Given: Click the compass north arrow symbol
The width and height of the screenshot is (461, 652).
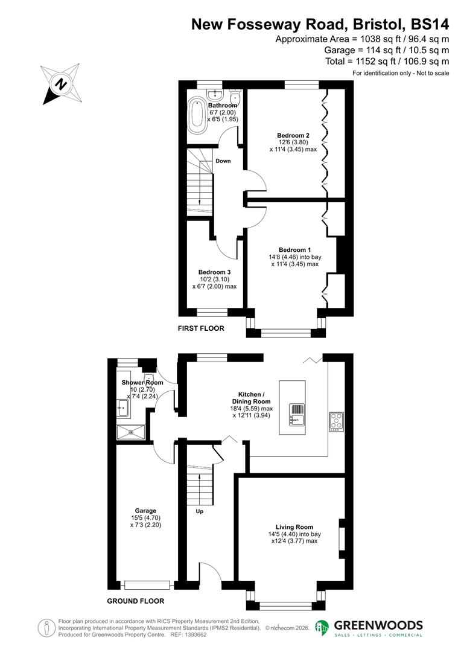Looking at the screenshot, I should (x=60, y=83).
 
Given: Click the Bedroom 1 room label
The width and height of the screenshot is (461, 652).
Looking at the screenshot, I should (x=294, y=249).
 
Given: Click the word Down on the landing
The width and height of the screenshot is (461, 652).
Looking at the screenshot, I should (x=223, y=161).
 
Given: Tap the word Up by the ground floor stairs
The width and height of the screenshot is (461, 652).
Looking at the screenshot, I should (x=200, y=511).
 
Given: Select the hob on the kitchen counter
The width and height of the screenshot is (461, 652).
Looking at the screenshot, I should (x=335, y=421).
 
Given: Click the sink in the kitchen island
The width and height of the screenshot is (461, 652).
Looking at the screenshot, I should (x=296, y=414).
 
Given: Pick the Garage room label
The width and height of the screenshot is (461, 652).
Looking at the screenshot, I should (x=145, y=511).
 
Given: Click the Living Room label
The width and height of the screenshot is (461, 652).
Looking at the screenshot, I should (x=295, y=527).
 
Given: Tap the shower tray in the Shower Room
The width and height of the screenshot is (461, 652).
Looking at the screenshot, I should (x=131, y=431).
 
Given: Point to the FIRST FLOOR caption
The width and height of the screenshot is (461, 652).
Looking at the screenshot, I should (x=201, y=328).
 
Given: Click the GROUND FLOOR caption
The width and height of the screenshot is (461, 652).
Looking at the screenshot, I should (x=135, y=601).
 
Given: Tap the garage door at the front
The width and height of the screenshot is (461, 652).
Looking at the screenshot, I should (x=147, y=584).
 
